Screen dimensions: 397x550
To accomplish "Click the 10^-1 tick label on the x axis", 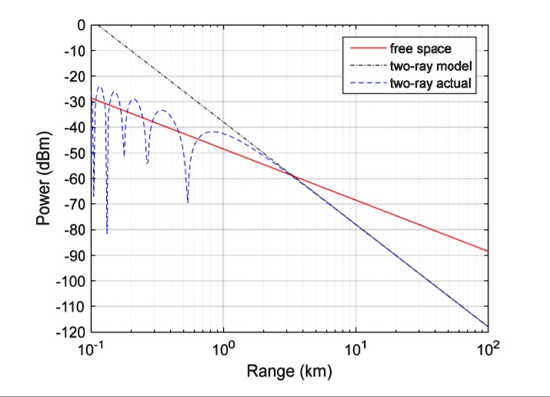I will point(92,348).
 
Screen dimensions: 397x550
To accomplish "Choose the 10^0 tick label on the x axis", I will point(224,348).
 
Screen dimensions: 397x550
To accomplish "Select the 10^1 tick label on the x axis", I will point(356,348).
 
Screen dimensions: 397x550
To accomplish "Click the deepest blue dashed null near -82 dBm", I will point(107,232).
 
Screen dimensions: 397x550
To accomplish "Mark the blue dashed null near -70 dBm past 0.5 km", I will point(188,202).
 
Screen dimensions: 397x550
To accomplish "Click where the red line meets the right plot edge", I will point(488,251).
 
